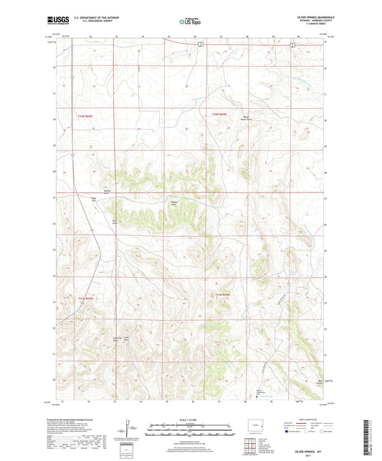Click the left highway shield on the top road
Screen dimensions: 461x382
click(201, 44)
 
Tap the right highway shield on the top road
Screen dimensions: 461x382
click(293, 44)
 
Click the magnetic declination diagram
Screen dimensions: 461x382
click(129, 432)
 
